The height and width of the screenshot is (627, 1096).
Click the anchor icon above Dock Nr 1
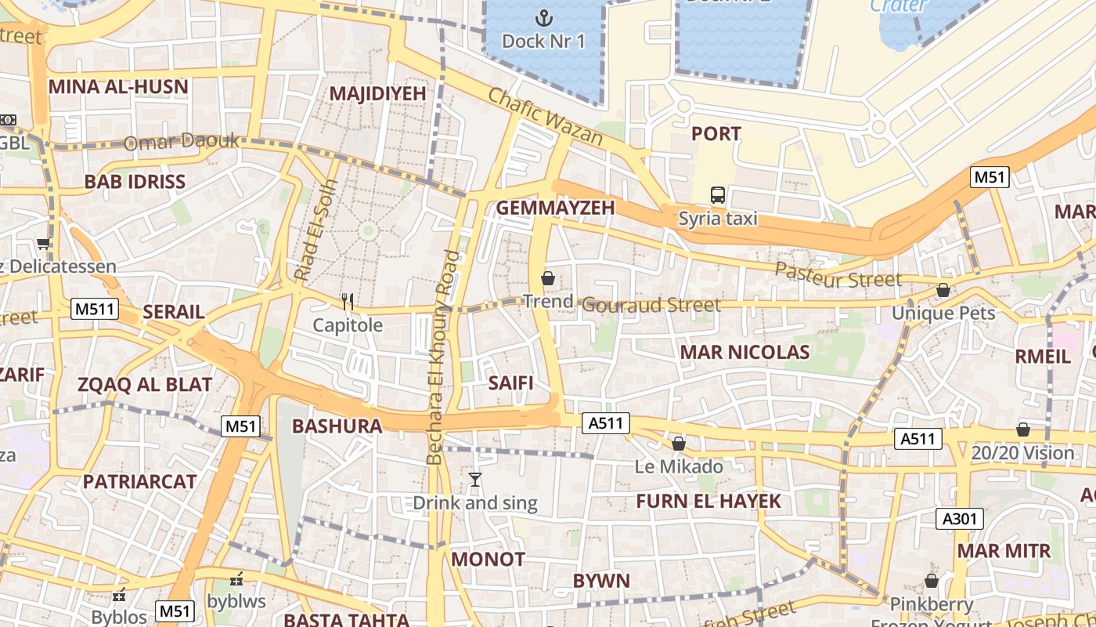[x=543, y=17]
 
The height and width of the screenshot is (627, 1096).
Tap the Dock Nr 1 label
[x=543, y=41]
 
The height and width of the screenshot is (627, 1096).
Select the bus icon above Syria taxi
[x=717, y=195]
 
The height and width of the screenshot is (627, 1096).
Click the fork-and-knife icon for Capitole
[x=348, y=301]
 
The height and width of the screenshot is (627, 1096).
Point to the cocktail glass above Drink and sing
[x=474, y=480]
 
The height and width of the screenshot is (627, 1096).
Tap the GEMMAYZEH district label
[x=555, y=208]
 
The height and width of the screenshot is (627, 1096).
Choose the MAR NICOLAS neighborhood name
[x=744, y=352]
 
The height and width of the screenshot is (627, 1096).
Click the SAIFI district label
[x=510, y=382]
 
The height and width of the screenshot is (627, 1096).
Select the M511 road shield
[x=95, y=309]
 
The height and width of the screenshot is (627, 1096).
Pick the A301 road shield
[x=959, y=518]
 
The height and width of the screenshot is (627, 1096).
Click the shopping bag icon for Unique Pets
[x=943, y=290]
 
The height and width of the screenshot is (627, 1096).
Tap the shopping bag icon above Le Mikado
[x=679, y=444]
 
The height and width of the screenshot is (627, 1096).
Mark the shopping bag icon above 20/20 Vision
[x=1022, y=429]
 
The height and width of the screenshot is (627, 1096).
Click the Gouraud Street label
[x=651, y=305]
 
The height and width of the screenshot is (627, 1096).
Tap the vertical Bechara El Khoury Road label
[x=441, y=357]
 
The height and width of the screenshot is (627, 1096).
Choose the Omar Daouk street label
[x=182, y=143]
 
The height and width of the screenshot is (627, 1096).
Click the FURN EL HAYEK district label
[x=708, y=502]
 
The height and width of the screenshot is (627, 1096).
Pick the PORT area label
[x=716, y=134]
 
